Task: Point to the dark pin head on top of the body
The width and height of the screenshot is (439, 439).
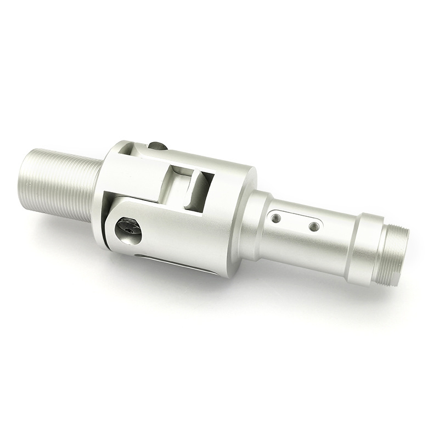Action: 157,146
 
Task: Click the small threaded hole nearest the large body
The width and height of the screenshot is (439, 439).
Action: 276,218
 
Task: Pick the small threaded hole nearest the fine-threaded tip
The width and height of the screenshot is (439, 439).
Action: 313,226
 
